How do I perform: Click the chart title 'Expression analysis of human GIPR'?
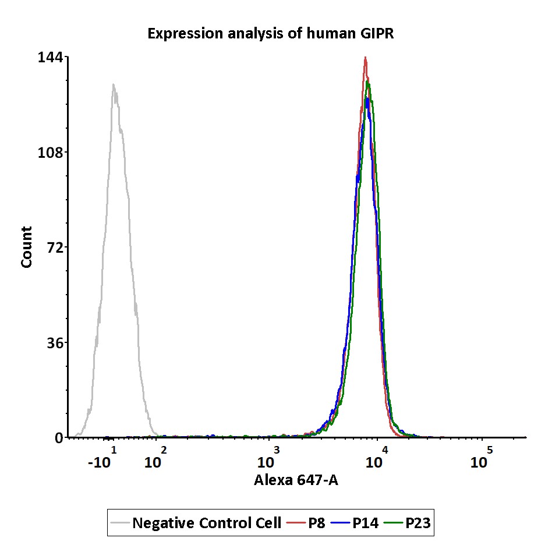coord(271,34)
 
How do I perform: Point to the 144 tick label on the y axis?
coord(51,58)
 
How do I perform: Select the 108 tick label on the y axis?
coord(51,153)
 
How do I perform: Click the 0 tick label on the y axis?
coord(58,438)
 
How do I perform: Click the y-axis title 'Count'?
coord(27,247)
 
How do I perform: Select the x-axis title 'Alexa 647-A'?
coord(296,481)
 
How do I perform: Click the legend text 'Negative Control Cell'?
coord(207,523)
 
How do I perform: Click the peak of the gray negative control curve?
coord(114,84)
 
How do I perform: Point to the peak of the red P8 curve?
coord(365,58)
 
